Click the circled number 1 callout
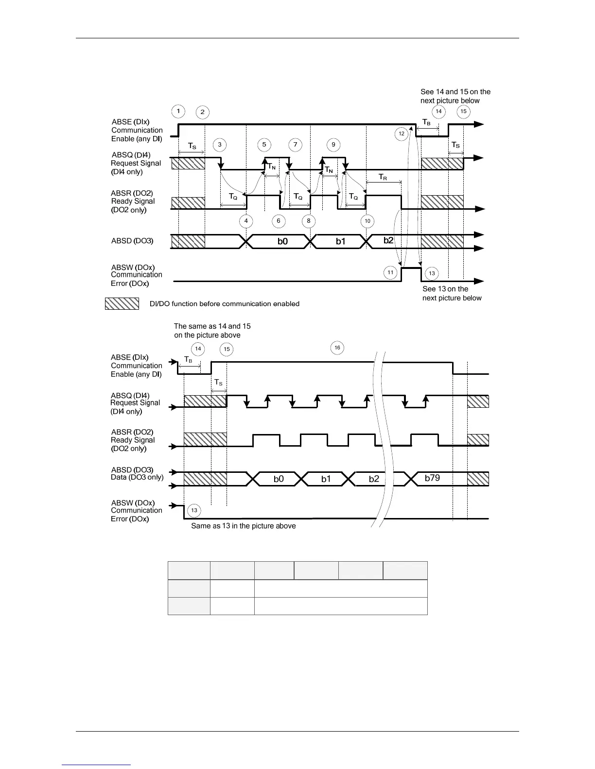pyautogui.click(x=178, y=111)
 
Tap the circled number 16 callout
pyautogui.click(x=337, y=348)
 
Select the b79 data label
pyautogui.click(x=432, y=478)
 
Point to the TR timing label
pyautogui.click(x=383, y=178)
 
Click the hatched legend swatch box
pyautogui.click(x=122, y=303)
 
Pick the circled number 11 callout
pyautogui.click(x=390, y=273)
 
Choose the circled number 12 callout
pyautogui.click(x=402, y=134)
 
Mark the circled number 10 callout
pyautogui.click(x=367, y=221)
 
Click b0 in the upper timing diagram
pyautogui.click(x=282, y=241)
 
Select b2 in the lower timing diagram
pyautogui.click(x=374, y=479)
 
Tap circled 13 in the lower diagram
pyautogui.click(x=194, y=510)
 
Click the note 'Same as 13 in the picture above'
pyautogui.click(x=243, y=526)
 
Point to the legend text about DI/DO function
pyautogui.click(x=224, y=304)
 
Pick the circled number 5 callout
pyautogui.click(x=264, y=145)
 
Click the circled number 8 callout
pyautogui.click(x=308, y=221)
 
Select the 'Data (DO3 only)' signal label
pyautogui.click(x=137, y=477)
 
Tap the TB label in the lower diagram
pyautogui.click(x=188, y=360)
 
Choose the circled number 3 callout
pyautogui.click(x=220, y=145)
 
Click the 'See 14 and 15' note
pyautogui.click(x=455, y=96)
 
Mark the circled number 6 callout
pyautogui.click(x=279, y=221)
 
